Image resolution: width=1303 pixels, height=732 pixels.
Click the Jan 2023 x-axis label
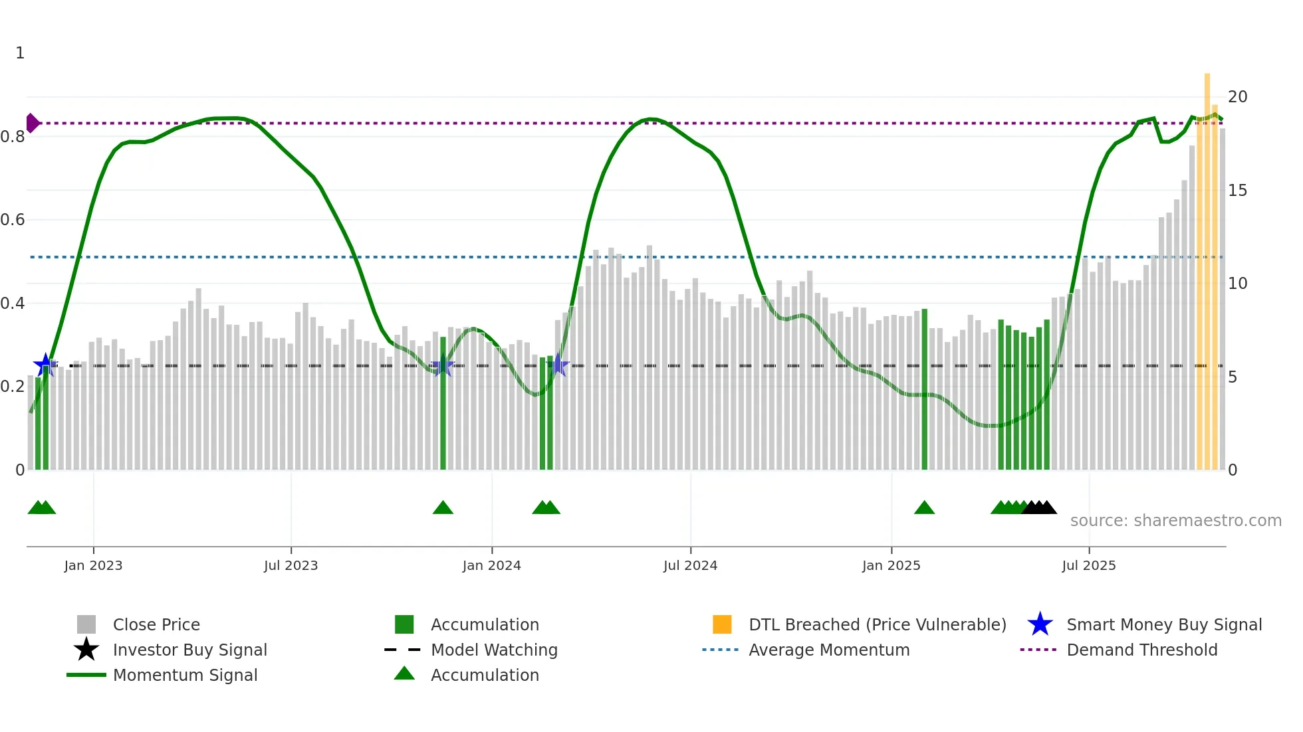(x=93, y=565)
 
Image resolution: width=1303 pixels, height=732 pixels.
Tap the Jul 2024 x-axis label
(x=690, y=565)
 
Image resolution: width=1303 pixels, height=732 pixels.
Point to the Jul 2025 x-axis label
(x=1088, y=565)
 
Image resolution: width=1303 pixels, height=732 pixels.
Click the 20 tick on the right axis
(x=1237, y=97)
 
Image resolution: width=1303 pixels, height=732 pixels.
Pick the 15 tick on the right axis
(x=1237, y=191)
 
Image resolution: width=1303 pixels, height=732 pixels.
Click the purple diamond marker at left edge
(x=32, y=123)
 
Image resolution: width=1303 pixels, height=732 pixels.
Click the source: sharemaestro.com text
(x=1175, y=520)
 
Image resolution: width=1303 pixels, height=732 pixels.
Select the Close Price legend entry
(x=156, y=624)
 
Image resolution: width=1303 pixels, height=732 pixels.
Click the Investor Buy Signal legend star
(x=86, y=650)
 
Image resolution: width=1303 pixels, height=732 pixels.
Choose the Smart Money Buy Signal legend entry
(x=1163, y=624)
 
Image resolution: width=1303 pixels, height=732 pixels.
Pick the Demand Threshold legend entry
(x=1141, y=650)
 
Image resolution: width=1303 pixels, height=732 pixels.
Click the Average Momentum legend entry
(x=828, y=650)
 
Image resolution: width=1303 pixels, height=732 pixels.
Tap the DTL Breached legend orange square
(x=722, y=624)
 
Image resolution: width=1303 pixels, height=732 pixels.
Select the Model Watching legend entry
(x=493, y=650)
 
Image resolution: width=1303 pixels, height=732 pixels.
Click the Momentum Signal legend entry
(x=185, y=675)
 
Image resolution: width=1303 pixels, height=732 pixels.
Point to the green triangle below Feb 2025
(x=924, y=508)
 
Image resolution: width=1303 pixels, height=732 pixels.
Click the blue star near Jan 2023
(x=45, y=365)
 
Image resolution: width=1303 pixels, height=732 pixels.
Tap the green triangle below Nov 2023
(x=443, y=508)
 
